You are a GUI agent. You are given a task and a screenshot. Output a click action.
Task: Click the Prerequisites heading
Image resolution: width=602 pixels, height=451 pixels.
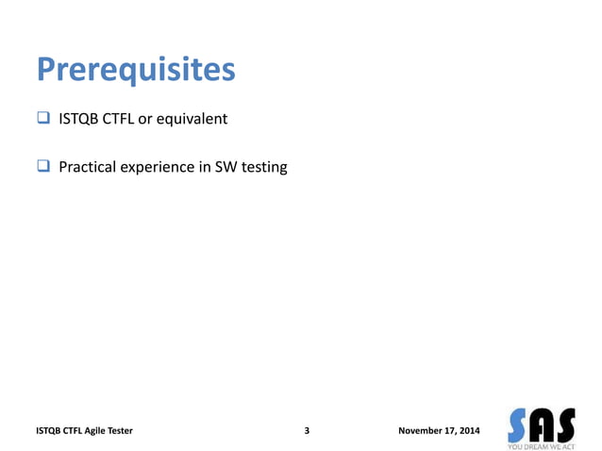click(135, 72)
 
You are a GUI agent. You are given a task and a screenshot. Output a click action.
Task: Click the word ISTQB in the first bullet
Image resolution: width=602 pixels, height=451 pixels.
click(79, 120)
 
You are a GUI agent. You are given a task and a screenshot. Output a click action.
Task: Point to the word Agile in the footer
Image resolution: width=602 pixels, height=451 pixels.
click(92, 431)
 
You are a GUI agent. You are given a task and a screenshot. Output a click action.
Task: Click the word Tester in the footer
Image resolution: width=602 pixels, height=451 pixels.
click(119, 431)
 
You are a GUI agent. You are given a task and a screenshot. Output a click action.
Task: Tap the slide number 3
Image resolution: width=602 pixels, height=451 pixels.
click(308, 431)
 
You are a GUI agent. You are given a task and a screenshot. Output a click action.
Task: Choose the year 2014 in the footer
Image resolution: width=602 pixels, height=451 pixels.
click(468, 431)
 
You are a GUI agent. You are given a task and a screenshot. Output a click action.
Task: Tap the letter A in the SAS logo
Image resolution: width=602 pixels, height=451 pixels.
click(542, 423)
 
